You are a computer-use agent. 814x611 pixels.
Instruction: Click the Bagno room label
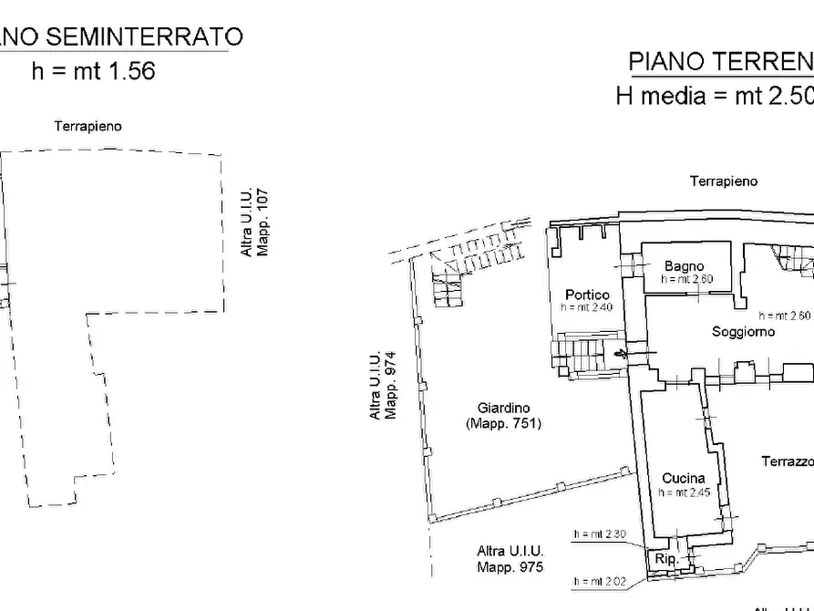684,265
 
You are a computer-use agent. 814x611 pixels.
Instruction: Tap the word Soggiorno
743,332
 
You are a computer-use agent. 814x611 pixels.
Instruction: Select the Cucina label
683,478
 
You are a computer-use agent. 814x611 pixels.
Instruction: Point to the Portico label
587,295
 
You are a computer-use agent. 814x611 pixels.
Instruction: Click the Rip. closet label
664,559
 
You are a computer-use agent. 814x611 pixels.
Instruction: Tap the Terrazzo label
787,461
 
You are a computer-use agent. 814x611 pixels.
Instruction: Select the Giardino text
503,408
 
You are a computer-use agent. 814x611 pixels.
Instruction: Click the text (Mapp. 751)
503,423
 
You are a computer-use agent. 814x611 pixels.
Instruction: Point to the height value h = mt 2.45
684,492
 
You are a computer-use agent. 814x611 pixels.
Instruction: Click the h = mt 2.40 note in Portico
587,308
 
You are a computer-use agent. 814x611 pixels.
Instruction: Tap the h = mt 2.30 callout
599,534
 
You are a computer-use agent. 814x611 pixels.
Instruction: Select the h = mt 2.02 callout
599,581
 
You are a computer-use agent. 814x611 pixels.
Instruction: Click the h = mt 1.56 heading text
94,71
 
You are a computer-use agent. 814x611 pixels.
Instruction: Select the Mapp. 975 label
510,567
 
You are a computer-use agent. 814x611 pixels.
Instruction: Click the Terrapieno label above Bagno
723,181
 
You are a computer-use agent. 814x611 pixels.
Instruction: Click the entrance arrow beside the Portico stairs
623,354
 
